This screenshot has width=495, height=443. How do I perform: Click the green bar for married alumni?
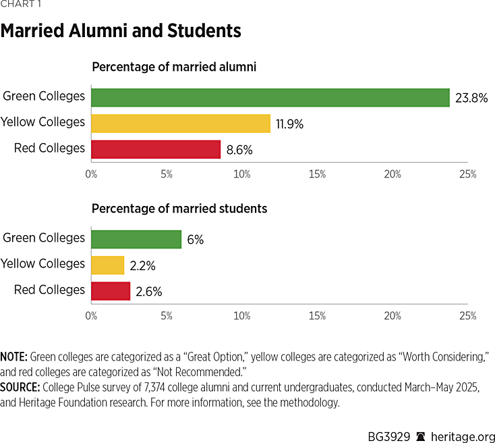pos(270,97)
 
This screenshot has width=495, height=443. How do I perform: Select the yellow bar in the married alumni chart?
pos(180,123)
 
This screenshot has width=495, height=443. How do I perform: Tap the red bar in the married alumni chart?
pos(156,149)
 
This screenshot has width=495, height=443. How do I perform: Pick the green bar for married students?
pos(136,239)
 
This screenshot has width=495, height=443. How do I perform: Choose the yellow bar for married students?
pos(108,265)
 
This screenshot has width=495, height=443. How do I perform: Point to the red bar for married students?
pos(111,290)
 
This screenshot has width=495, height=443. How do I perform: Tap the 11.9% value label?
pos(290,124)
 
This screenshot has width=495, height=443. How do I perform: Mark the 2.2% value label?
pos(144,265)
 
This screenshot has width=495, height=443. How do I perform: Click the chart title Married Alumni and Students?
pos(121,32)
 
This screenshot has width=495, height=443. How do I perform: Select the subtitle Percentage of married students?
pos(179,209)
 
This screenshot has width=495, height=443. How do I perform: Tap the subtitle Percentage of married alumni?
pos(174,67)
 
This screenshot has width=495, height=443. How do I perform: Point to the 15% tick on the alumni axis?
pos(317,174)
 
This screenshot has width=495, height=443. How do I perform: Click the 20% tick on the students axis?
pos(392,315)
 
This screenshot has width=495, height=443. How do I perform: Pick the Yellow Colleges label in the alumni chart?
pos(43,122)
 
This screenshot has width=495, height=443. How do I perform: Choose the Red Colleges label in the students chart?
pos(49,290)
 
